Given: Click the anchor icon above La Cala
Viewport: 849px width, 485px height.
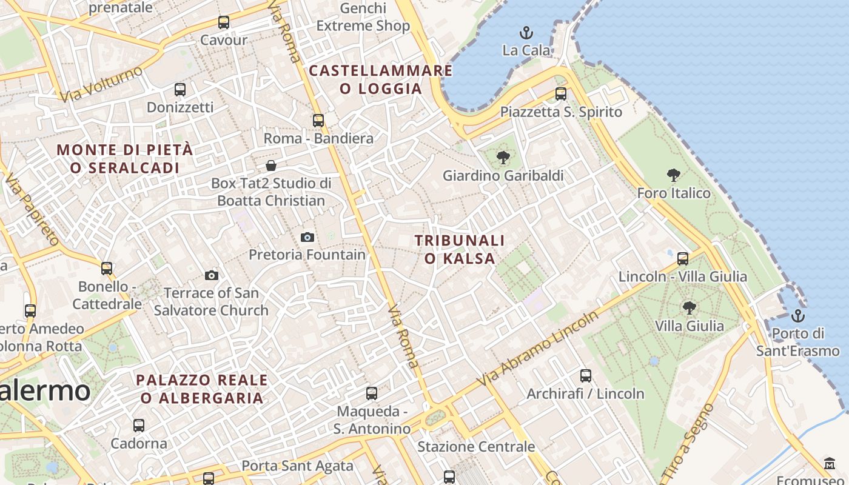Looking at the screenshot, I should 526,33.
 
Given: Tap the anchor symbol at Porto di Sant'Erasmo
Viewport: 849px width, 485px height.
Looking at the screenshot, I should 798,316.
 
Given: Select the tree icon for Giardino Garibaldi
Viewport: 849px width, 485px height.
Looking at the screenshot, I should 503,158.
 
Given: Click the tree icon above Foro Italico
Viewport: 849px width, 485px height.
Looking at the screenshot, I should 673,176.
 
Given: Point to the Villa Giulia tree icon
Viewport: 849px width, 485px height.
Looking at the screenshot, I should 689,308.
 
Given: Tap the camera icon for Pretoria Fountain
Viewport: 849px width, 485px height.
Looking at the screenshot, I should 307,237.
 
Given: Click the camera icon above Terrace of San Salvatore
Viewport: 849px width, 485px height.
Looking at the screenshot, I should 211,276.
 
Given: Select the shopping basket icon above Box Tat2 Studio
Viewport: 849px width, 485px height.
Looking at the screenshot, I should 271,166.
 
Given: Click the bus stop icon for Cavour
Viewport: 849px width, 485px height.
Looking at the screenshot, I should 224,22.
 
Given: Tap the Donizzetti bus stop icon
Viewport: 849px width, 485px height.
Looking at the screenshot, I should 180,90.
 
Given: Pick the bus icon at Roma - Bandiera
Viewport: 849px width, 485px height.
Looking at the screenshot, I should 318,121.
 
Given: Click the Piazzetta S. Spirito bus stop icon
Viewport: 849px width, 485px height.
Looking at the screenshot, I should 561,94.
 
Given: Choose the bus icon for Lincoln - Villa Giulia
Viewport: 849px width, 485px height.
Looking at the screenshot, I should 683,259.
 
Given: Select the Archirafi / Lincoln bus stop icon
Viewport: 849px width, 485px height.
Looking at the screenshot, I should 585,376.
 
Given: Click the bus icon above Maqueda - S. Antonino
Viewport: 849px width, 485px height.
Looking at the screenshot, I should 372,393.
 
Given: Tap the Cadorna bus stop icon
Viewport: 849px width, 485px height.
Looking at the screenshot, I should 139,426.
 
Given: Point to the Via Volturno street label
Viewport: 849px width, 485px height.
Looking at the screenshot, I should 101,84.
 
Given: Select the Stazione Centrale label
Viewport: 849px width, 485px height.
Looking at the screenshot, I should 476,447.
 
